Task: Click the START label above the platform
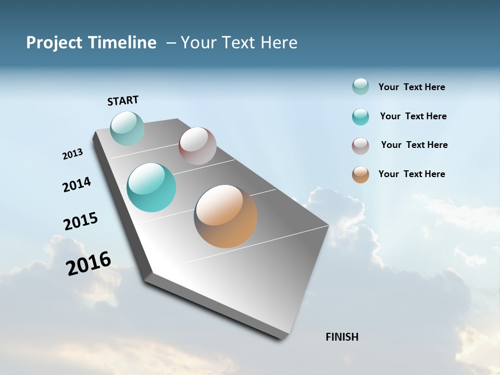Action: pos(123,101)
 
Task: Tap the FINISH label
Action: pos(342,337)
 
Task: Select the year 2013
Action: pos(72,154)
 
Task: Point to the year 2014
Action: pos(77,184)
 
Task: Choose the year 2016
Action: pos(89,264)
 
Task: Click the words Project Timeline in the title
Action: pos(91,43)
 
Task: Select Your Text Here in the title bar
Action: pos(239,43)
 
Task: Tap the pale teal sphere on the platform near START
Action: pos(127,128)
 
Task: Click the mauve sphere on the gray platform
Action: pos(197,146)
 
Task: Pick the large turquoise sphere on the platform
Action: pos(152,187)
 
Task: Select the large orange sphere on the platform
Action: pos(226,216)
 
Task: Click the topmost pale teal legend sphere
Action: pos(360,86)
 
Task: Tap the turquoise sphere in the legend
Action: pos(360,117)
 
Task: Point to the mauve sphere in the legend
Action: pos(360,146)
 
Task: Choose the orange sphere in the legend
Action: pos(360,174)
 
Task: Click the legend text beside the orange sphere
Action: pos(411,174)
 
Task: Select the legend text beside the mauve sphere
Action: pos(414,145)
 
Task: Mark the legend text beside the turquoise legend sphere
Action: pos(413,116)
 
